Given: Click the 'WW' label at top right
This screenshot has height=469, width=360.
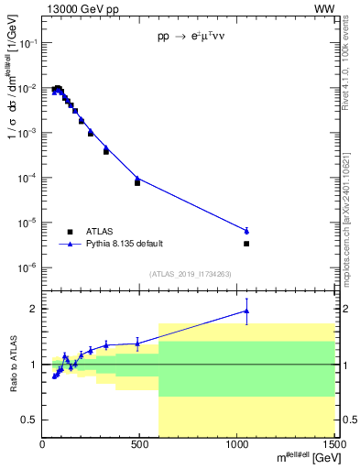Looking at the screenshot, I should click(x=326, y=10).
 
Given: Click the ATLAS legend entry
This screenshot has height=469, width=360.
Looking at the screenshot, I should click(x=97, y=232).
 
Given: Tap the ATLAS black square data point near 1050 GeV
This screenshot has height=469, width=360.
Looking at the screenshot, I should click(x=246, y=244).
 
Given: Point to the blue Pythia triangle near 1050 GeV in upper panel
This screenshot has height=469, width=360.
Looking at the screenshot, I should click(x=246, y=231).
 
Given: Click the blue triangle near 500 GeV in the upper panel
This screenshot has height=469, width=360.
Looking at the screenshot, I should click(x=137, y=179).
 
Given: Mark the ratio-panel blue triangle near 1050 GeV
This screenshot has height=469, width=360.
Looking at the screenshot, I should click(x=246, y=311).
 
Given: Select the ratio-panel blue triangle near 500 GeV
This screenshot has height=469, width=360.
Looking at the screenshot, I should click(x=137, y=344).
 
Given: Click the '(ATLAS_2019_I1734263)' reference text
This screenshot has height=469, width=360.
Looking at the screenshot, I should click(x=189, y=273).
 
